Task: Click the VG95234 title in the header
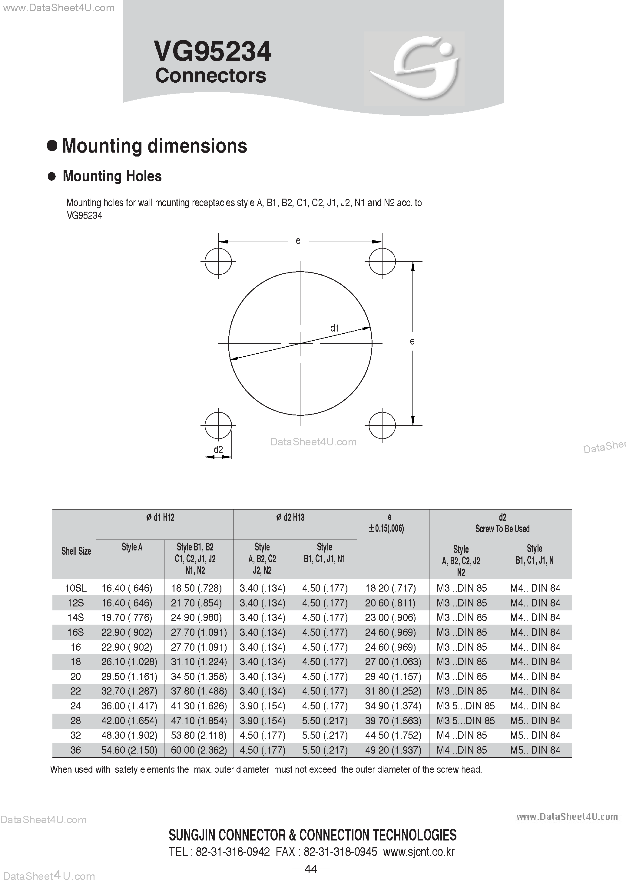coord(212,52)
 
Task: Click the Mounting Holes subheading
coord(112,176)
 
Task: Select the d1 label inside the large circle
coord(335,328)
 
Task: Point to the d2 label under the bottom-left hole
coord(218,450)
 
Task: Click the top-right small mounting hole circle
coord(382,261)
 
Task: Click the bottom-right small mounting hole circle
coord(382,425)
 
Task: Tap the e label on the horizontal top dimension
coord(298,241)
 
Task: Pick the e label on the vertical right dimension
coord(412,341)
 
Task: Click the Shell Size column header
coord(76,551)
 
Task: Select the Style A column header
coord(132,547)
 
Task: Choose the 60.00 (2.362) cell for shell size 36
coord(199,750)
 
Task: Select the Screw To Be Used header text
coord(502,529)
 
